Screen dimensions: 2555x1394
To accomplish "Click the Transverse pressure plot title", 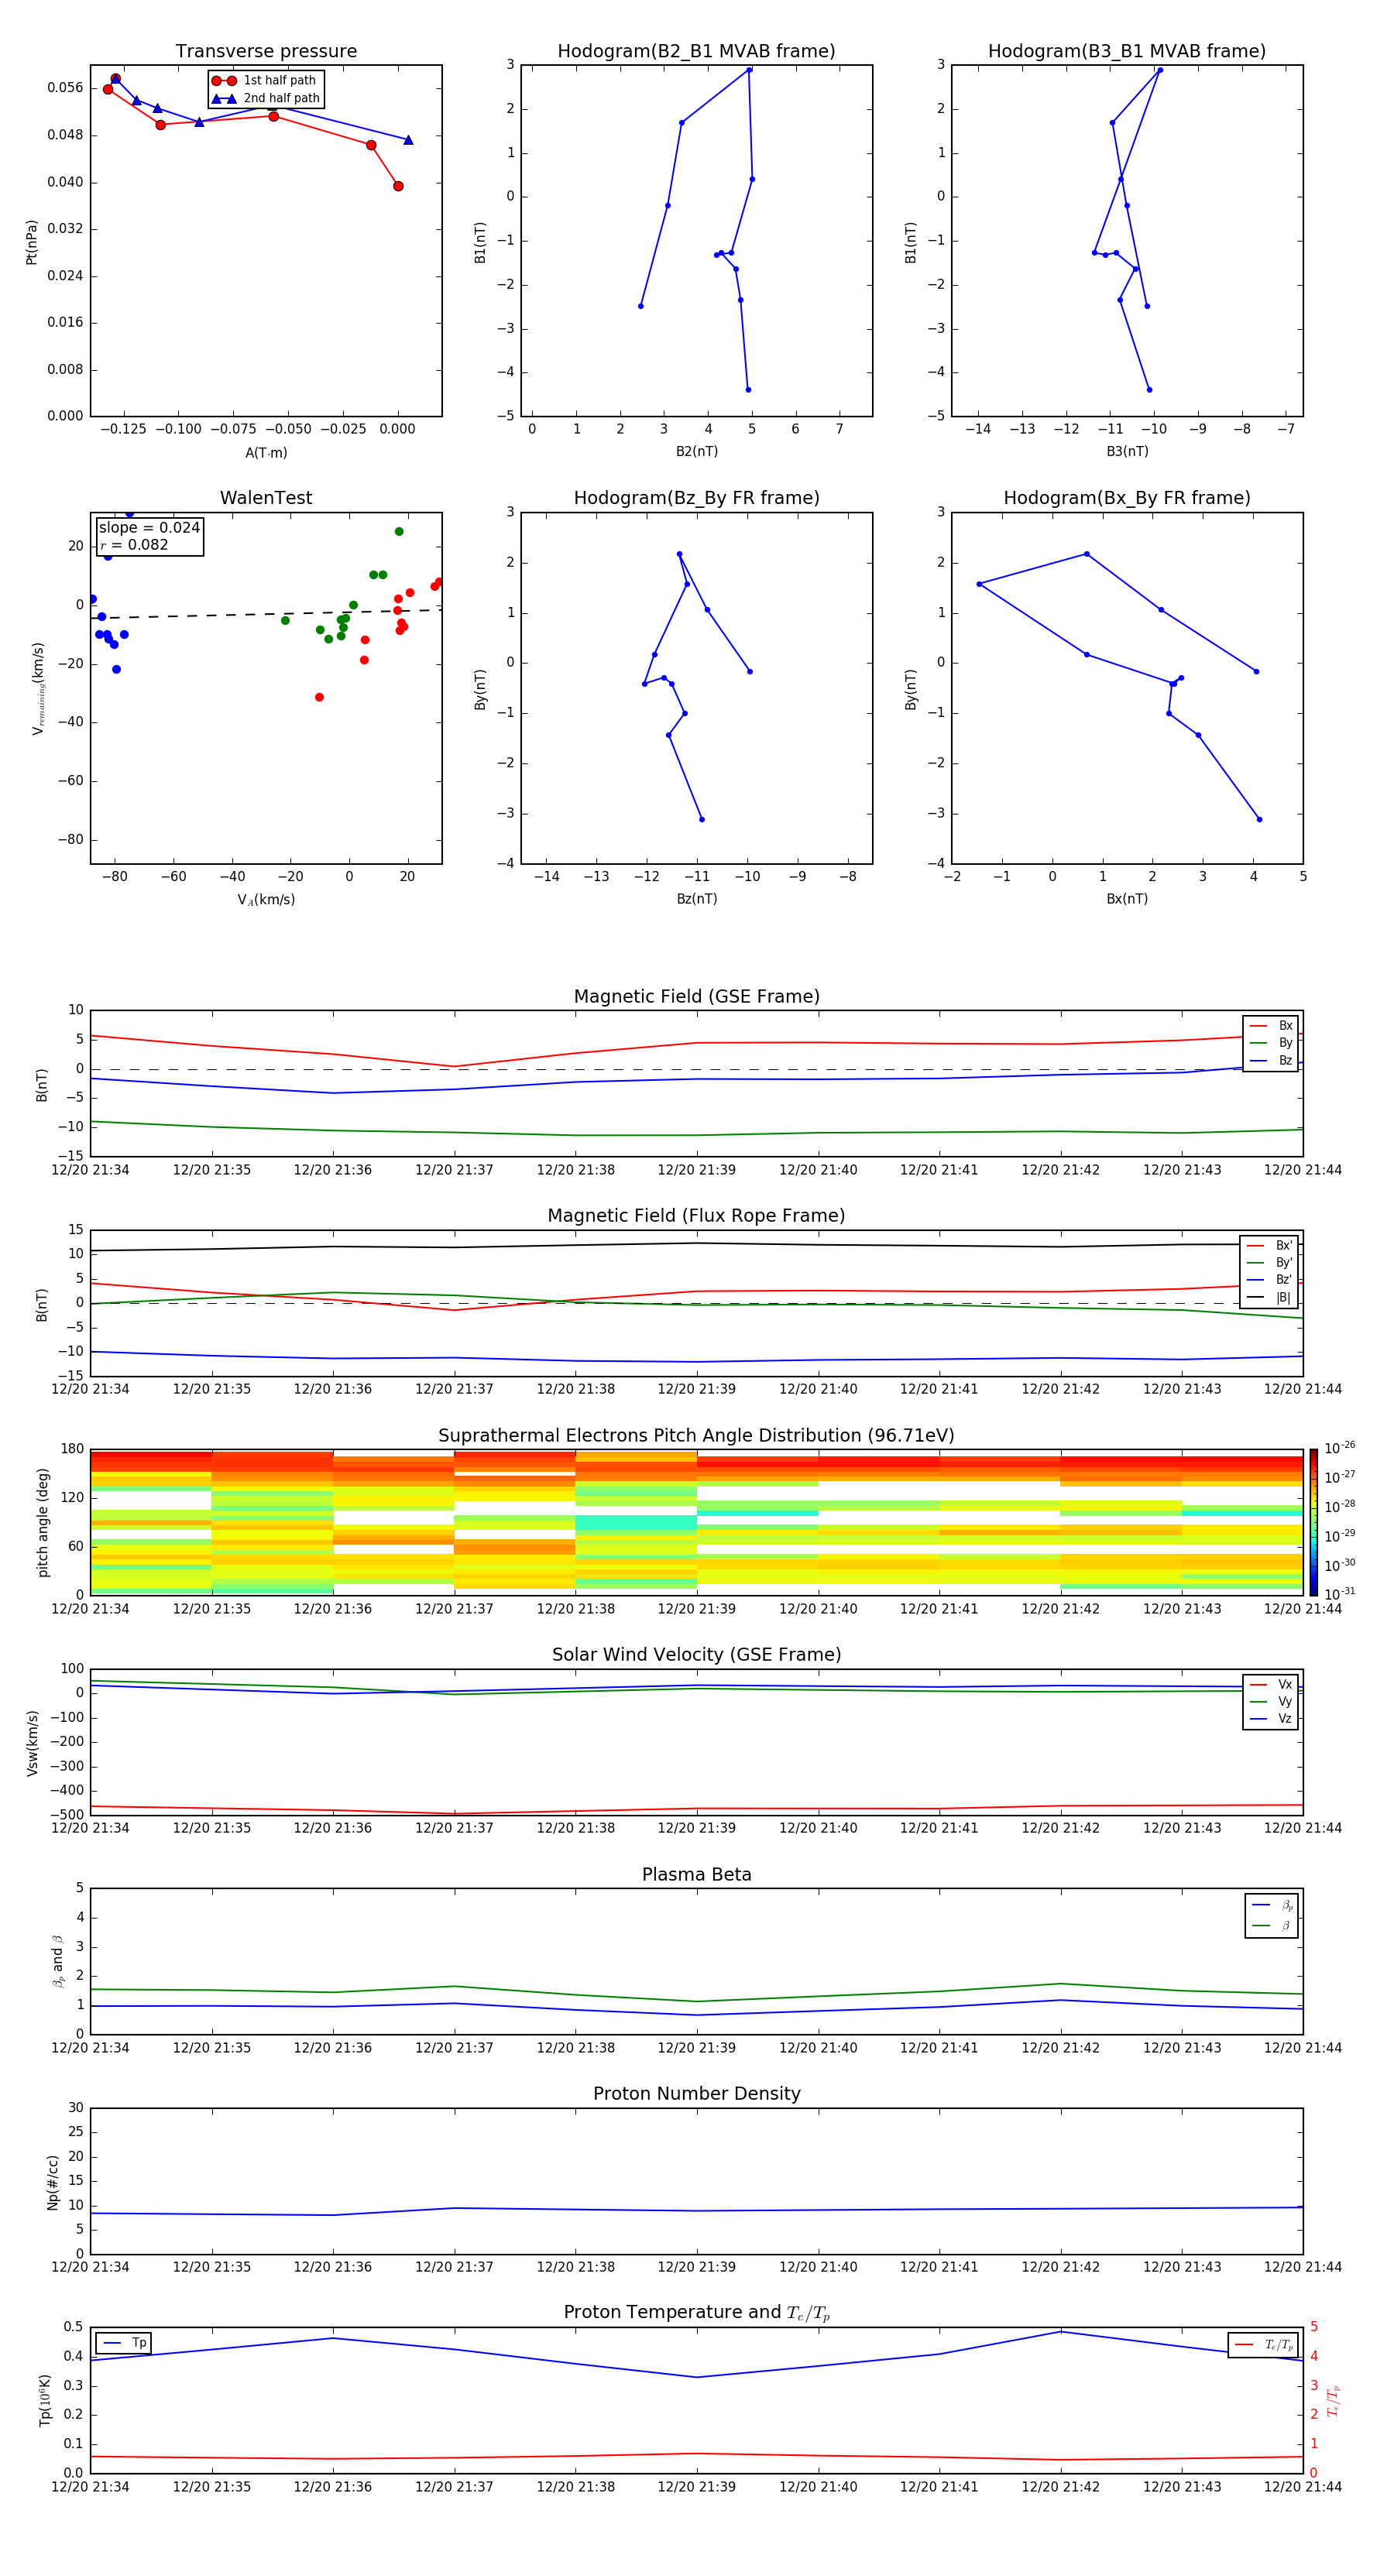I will (266, 52).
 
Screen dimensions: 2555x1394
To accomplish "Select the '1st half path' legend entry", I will (279, 81).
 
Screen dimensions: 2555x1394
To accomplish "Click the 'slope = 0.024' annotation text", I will (149, 528).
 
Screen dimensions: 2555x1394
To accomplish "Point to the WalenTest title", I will (266, 498).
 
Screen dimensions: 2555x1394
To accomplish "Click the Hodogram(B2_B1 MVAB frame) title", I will (695, 52).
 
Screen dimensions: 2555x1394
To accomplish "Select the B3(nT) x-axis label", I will (1127, 451).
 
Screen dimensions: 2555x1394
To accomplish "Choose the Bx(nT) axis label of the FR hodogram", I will (1127, 899).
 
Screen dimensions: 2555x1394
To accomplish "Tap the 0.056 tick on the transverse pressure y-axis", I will (66, 88).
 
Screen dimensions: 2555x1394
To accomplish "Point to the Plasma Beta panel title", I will (695, 1874).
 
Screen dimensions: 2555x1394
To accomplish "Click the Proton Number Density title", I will (695, 2094).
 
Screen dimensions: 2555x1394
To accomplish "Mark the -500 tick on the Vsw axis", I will (67, 1815).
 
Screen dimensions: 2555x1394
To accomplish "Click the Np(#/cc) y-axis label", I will (53, 2182).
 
